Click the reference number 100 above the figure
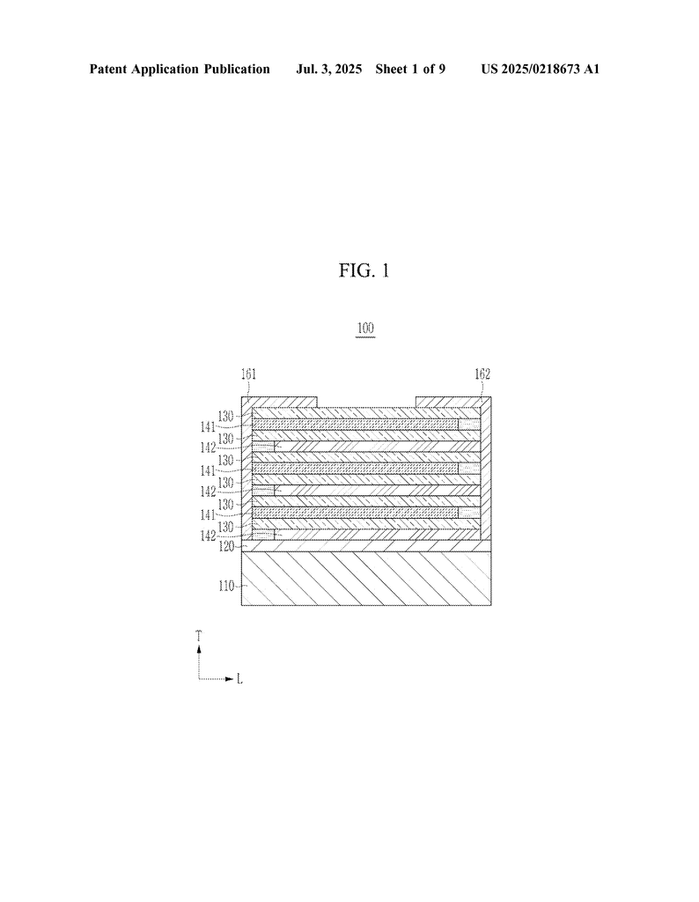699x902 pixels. coord(365,328)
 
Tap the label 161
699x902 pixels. coord(248,373)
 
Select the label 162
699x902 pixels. coord(482,373)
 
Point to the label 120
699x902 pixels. coord(226,546)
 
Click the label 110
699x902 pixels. coord(226,586)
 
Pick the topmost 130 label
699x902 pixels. coord(226,416)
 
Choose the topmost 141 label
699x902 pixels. coord(208,427)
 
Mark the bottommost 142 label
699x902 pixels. coord(208,536)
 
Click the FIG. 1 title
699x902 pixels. coord(364,270)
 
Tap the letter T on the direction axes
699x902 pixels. coord(199,636)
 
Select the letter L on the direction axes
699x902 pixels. coord(239,679)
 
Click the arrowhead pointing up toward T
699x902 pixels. coord(199,648)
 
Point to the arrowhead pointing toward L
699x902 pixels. coord(230,679)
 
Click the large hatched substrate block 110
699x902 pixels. coord(366,578)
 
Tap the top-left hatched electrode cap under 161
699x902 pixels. coord(279,402)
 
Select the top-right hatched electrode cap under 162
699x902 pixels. coord(453,402)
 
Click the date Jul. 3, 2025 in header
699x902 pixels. coord(328,70)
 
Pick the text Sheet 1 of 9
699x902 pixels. coord(410,70)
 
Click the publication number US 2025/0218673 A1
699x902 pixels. coord(541,70)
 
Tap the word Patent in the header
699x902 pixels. coord(108,70)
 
